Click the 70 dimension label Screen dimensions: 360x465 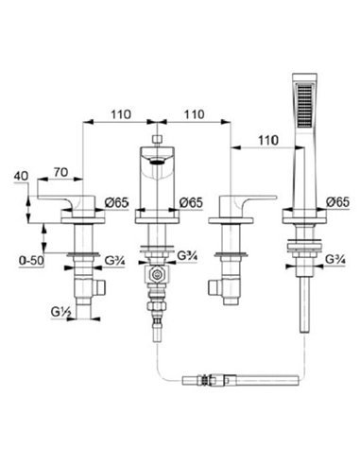click(60, 172)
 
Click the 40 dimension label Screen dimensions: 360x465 click(21, 176)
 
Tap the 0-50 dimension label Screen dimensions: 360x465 click(31, 261)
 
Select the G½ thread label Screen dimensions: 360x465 click(61, 312)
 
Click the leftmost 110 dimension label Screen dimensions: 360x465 click(121, 114)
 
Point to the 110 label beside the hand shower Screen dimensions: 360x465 click(268, 140)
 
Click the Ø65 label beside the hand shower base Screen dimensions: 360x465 click(338, 202)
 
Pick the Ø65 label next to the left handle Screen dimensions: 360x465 click(117, 202)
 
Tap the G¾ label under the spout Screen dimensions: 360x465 click(187, 255)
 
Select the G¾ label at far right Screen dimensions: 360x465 click(335, 260)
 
